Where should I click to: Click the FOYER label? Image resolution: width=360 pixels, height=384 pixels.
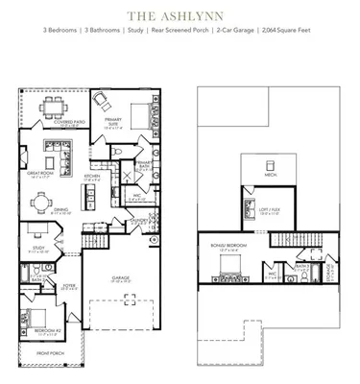(70, 285)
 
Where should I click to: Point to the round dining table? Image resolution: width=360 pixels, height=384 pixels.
(38, 203)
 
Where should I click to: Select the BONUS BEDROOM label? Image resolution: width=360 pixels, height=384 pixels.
(224, 246)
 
